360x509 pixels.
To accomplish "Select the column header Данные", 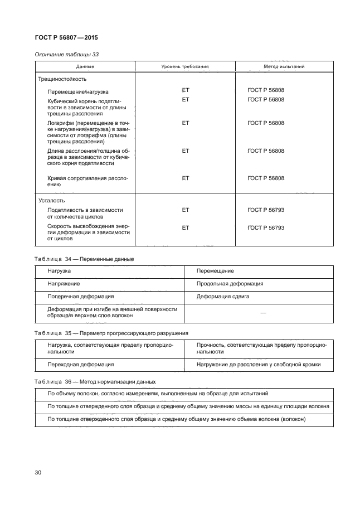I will (x=85, y=66).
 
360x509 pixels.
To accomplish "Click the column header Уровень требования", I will (x=185, y=66).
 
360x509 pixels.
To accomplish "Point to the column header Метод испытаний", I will (x=284, y=66).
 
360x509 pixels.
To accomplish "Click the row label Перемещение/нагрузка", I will (x=78, y=91).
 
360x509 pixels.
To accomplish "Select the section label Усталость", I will (x=52, y=200).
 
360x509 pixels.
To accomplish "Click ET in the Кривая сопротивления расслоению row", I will (x=186, y=178).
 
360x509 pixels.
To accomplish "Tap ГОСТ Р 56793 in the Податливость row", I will (x=266, y=210).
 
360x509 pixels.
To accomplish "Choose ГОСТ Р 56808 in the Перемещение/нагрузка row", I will (x=266, y=89).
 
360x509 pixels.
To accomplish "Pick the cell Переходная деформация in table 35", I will (x=81, y=364).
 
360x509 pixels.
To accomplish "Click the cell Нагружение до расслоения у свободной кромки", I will (x=259, y=364).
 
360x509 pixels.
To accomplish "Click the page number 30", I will (x=38, y=473).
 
